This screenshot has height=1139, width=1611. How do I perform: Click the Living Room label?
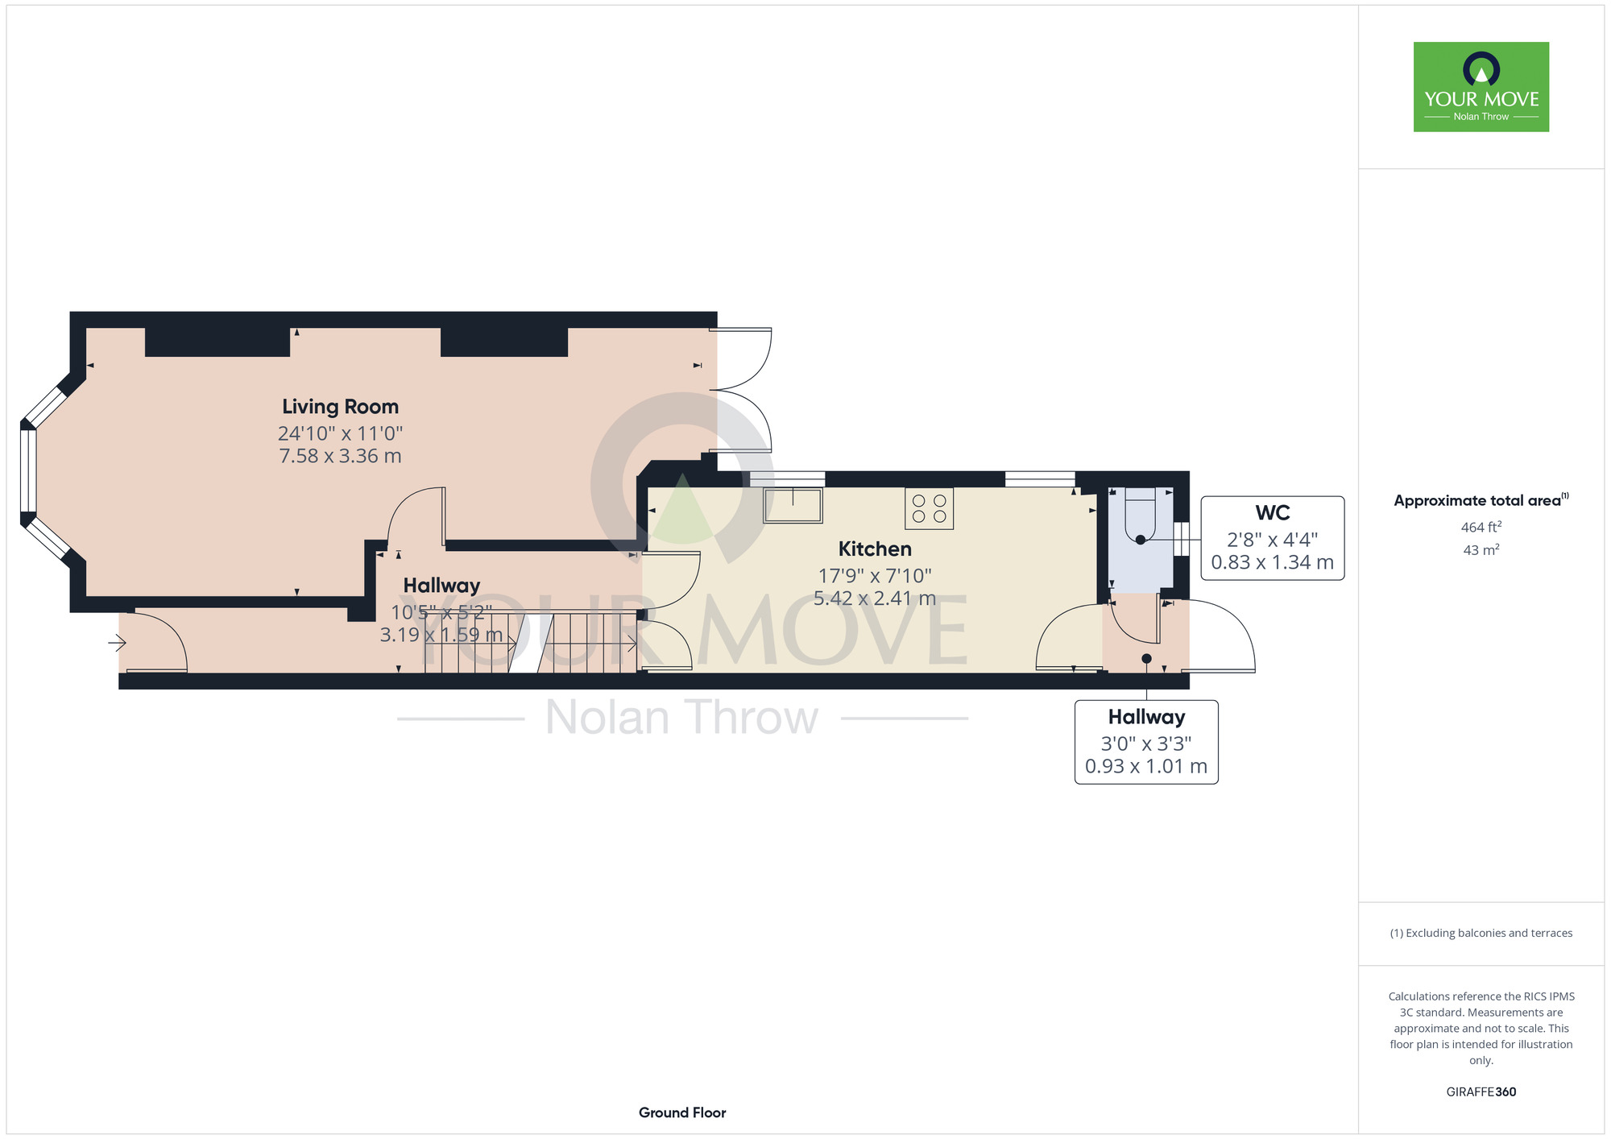coord(340,407)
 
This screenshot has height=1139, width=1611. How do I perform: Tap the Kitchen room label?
coord(875,549)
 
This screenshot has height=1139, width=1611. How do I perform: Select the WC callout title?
coord(1273,512)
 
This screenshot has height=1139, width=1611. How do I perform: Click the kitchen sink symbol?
coord(793,505)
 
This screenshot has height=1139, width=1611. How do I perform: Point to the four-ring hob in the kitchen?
coord(929,508)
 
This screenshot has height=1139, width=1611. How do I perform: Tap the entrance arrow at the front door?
coord(118,643)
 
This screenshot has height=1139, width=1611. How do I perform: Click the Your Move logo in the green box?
coord(1481,87)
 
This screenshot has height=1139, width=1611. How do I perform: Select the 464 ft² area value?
coord(1481,528)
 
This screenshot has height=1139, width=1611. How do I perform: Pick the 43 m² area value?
coord(1481,550)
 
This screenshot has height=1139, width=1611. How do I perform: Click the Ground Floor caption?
coord(682,1112)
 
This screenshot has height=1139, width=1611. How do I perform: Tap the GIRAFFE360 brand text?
coord(1481,1092)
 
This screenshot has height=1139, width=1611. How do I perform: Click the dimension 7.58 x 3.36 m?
coord(340,456)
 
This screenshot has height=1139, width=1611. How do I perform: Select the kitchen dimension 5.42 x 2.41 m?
coord(875,598)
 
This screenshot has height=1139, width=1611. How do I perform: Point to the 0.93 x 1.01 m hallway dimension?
coord(1146,766)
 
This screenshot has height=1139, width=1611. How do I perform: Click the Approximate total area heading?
coord(1481,500)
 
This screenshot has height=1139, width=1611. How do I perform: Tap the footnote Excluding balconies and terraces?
coord(1481,933)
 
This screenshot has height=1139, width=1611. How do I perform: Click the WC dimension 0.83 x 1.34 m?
coord(1273,562)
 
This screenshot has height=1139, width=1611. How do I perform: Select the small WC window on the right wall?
coord(1181,539)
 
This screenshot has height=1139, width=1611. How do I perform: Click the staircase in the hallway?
coord(531,641)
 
